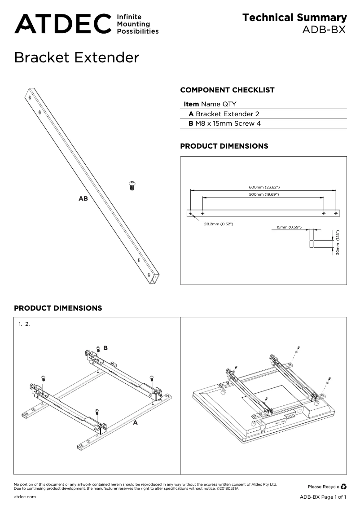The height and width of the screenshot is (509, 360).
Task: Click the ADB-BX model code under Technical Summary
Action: tap(325, 30)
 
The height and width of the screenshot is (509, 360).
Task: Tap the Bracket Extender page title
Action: tap(77, 58)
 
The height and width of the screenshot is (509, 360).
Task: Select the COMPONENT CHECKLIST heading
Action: tap(227, 90)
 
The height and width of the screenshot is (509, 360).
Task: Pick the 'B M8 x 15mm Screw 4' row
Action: tap(224, 123)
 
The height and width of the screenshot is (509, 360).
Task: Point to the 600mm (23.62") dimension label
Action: tap(264, 187)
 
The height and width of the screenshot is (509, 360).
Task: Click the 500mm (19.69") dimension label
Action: tap(264, 194)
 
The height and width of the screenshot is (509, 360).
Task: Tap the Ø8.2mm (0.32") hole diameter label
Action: tap(219, 224)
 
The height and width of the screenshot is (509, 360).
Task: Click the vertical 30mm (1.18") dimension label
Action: tap(338, 243)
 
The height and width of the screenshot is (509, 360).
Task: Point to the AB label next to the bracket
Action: tap(83, 198)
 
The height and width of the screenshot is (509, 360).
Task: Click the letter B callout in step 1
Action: tap(105, 348)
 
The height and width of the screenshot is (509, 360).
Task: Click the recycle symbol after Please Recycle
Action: tap(343, 486)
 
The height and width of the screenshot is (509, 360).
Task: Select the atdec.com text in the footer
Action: tap(25, 497)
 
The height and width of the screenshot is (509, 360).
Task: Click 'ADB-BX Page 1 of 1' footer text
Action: tap(323, 497)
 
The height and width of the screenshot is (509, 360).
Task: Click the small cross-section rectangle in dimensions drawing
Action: tap(311, 244)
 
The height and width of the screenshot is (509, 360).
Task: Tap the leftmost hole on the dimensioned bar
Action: tap(191, 213)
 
